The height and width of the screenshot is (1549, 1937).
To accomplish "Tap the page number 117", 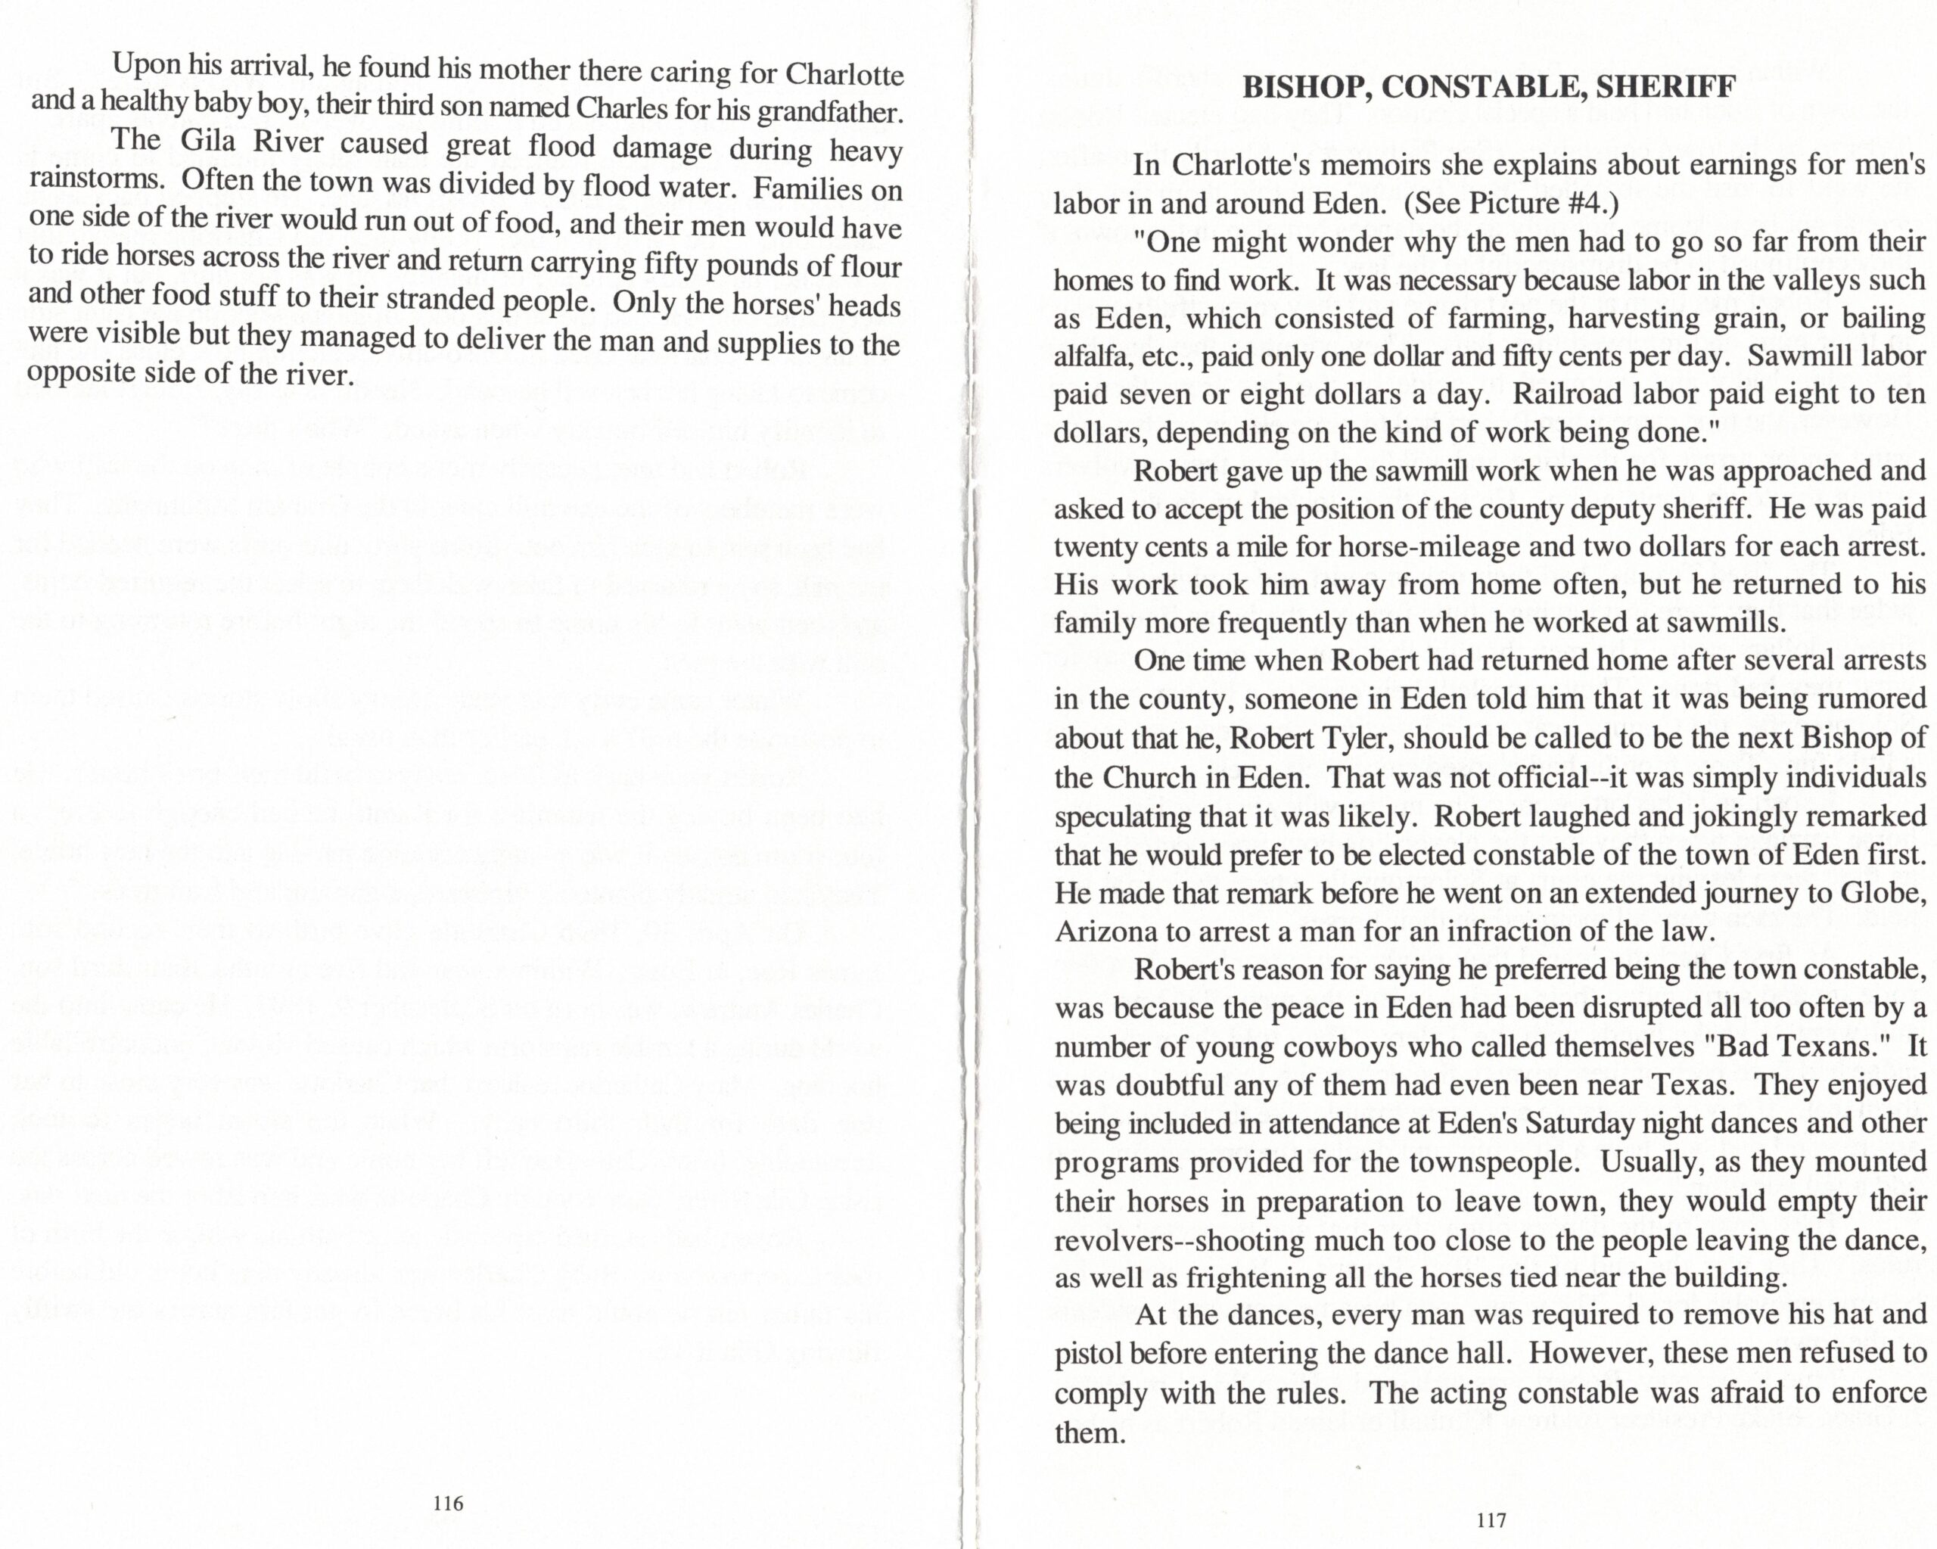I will (1491, 1520).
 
